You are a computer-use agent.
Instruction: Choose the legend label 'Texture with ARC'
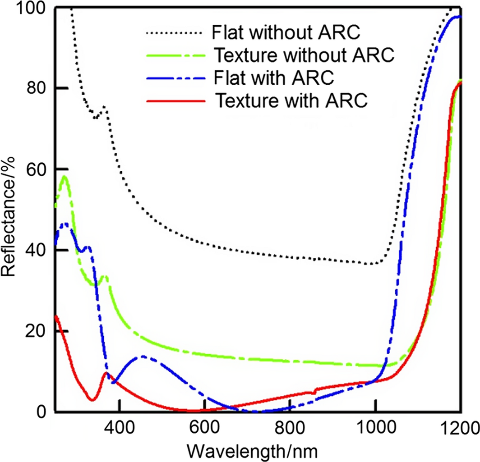point(292,100)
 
